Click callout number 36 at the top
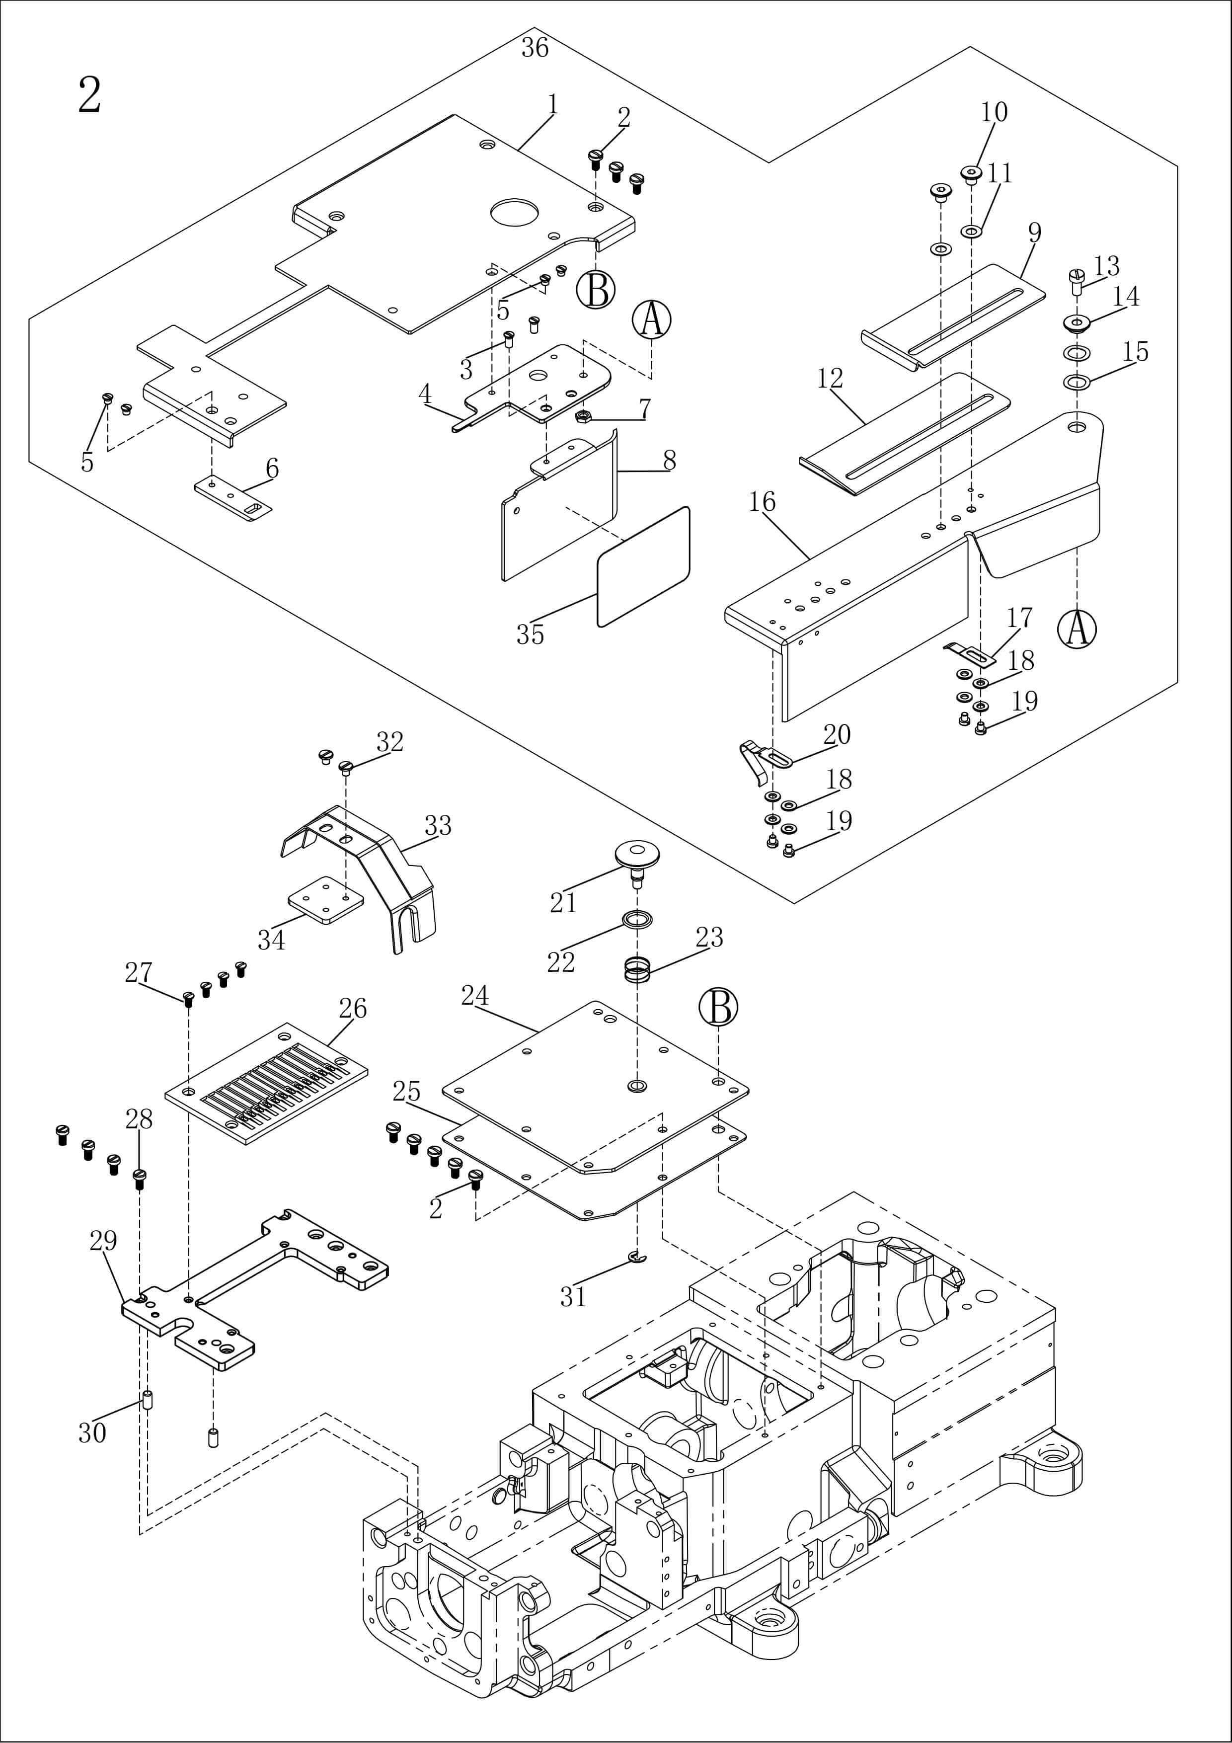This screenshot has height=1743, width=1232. tap(535, 48)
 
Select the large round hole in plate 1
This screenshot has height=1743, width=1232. tap(513, 212)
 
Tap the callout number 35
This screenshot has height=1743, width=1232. tap(530, 634)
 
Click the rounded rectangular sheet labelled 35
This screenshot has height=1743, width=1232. tap(644, 566)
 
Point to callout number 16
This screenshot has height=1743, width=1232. tap(762, 502)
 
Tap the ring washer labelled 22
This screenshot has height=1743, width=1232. tap(636, 920)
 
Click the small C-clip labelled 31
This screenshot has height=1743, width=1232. tap(639, 1259)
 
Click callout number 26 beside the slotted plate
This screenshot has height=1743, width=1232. tap(352, 1008)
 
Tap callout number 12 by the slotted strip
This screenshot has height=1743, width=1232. tap(830, 378)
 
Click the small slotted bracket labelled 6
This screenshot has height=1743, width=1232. tap(234, 499)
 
